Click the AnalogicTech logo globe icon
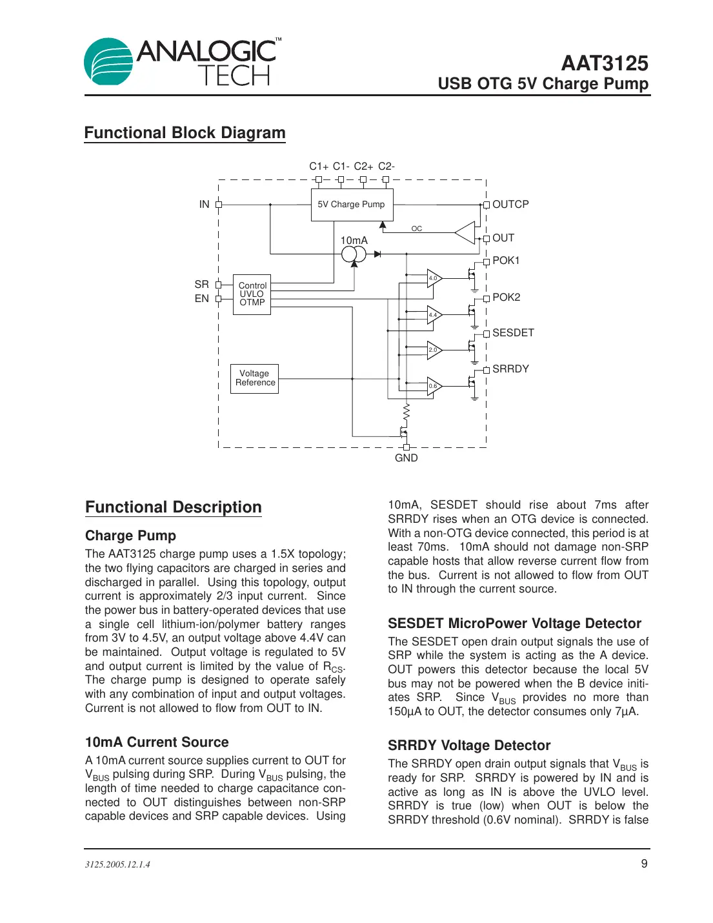coord(108,62)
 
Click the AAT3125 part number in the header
coord(604,63)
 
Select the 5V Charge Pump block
coord(352,205)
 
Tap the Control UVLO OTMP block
coord(252,294)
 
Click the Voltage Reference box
coord(255,378)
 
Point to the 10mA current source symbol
coord(354,254)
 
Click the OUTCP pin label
coord(510,205)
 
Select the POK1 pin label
coord(506,261)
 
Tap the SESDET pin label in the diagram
coord(513,333)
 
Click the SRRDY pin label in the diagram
coord(510,369)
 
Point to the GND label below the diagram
coord(407,458)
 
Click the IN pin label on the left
coord(204,205)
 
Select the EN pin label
coord(202,299)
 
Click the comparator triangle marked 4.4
coord(434,315)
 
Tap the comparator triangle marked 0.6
coord(434,386)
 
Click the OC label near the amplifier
coord(417,228)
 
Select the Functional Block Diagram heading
coord(185,133)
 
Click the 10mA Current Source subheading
coord(157,742)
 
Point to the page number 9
coord(644,864)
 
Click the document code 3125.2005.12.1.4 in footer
coord(117,865)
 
